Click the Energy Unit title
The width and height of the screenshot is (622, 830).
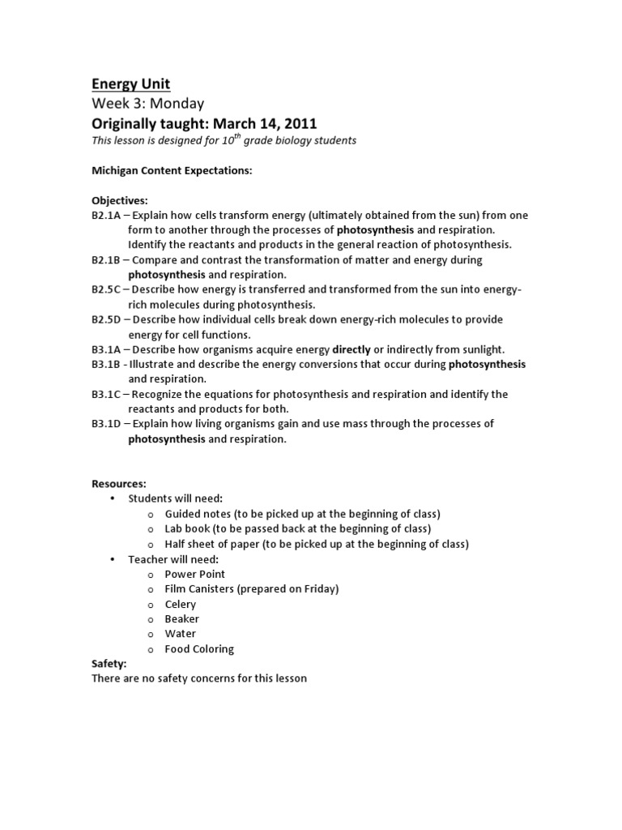click(130, 84)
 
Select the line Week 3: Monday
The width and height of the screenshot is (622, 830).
click(147, 104)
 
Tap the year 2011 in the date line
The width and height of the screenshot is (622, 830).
click(299, 123)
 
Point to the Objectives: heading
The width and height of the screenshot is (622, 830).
click(119, 200)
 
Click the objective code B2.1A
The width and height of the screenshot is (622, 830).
click(108, 215)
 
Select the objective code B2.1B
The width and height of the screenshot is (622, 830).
click(108, 260)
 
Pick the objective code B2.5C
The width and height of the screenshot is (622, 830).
click(108, 290)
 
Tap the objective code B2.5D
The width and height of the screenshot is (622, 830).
click(108, 319)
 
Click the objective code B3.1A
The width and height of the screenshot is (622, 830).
click(108, 349)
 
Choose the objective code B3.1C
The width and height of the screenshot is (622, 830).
click(108, 394)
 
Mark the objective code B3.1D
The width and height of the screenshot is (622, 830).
click(108, 424)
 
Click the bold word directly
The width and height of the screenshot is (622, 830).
click(351, 349)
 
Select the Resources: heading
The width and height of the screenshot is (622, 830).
click(118, 484)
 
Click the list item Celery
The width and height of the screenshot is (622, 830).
click(181, 604)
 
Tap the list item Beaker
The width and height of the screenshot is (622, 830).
click(181, 618)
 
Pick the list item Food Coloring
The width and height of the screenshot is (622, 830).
click(199, 648)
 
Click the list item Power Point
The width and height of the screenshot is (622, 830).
click(195, 574)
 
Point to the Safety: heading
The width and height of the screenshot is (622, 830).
click(109, 663)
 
